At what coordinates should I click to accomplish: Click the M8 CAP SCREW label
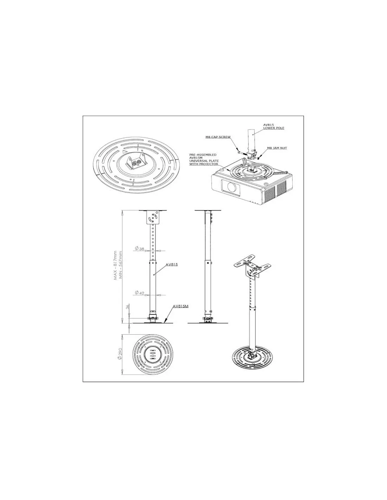coord(218,137)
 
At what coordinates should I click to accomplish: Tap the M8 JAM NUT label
coord(277,148)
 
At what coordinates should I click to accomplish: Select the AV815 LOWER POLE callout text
coord(274,126)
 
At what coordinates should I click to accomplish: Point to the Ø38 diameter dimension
coord(140,249)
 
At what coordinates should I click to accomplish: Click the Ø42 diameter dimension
coord(140,293)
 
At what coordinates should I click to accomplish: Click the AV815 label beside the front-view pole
coord(172,265)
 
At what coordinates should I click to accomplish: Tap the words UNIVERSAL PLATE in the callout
coord(204,161)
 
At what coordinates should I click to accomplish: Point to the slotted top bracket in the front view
coord(153,218)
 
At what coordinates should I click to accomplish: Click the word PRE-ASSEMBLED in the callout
coord(203,155)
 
